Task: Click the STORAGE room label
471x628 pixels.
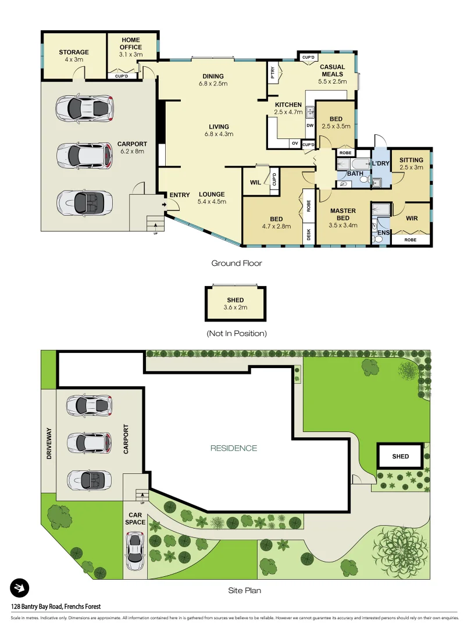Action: pyautogui.click(x=74, y=52)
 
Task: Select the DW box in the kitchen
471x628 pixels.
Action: pyautogui.click(x=310, y=126)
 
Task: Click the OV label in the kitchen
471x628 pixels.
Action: pyautogui.click(x=295, y=143)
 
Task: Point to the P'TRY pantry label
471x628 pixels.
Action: pyautogui.click(x=272, y=73)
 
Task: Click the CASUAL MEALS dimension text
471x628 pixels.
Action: pyautogui.click(x=332, y=83)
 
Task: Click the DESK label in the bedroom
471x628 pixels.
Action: pyautogui.click(x=308, y=234)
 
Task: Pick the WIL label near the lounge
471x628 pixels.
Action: pyautogui.click(x=255, y=182)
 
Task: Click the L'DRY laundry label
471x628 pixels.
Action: pyautogui.click(x=380, y=163)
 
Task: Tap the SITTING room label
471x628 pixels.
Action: pyautogui.click(x=411, y=160)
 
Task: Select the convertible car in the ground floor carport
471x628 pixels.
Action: pyautogui.click(x=85, y=203)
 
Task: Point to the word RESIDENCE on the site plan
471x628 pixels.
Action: pyautogui.click(x=233, y=448)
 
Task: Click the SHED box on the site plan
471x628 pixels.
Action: pyautogui.click(x=400, y=456)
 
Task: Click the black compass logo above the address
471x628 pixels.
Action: pyautogui.click(x=19, y=588)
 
